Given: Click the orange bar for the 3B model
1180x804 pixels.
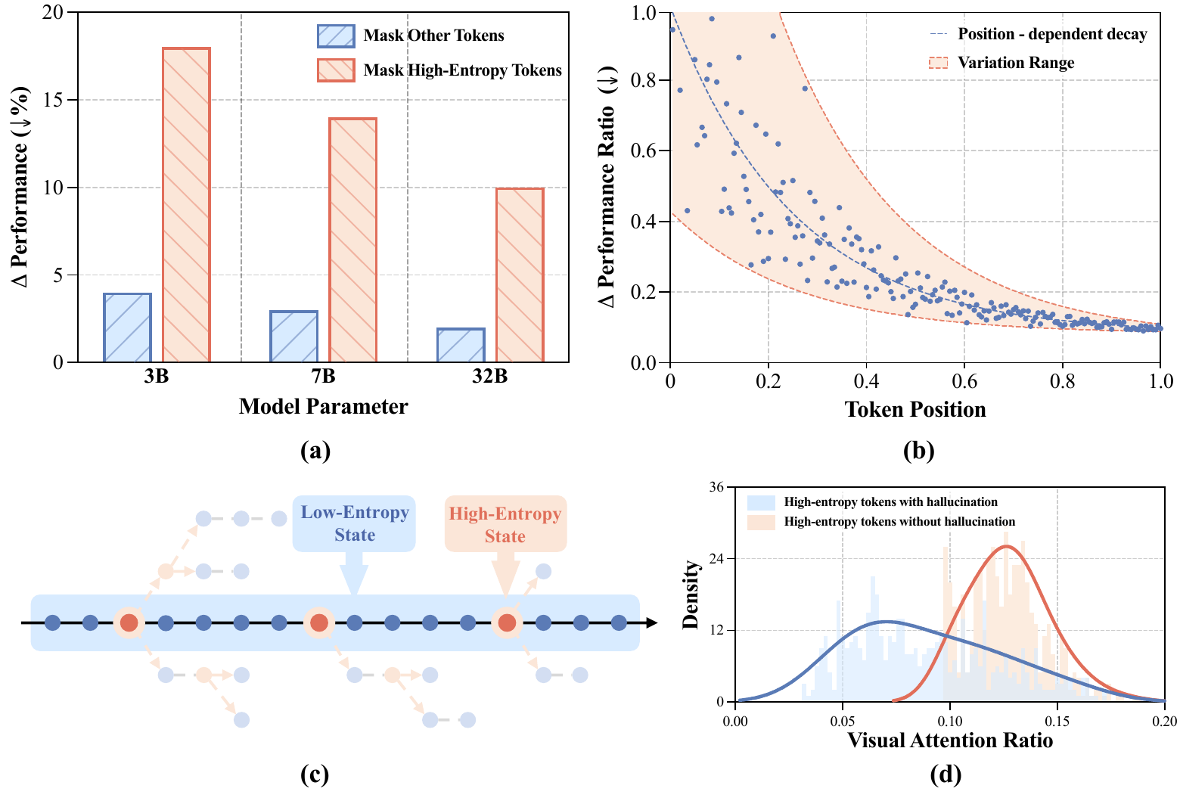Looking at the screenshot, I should pos(186,205).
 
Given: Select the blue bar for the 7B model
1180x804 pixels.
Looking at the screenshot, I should pos(293,337).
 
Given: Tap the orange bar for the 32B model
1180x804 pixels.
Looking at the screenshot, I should pos(520,275).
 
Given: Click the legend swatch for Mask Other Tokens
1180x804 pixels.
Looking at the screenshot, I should pos(336,36).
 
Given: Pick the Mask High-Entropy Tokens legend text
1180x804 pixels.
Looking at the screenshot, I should pos(462,70).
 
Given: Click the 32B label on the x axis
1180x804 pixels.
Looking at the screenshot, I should pos(489,376).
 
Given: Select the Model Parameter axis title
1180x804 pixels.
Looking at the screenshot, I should pos(323,406).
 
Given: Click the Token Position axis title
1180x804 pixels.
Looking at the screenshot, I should pos(915,409).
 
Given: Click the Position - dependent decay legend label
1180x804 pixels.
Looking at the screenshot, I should pos(1052,34).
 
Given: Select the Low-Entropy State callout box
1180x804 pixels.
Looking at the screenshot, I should pos(354,523).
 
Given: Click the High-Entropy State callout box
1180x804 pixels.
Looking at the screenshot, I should pos(505,524).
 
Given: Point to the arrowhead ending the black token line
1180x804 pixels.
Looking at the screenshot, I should pos(651,623).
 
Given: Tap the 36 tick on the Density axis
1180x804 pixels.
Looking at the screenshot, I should pos(716,488).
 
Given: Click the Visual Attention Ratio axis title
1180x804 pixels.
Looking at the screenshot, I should pos(950,740).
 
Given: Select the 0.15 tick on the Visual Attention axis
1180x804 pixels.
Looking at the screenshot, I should pos(1057,721).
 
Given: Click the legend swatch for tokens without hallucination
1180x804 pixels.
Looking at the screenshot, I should pos(761,522).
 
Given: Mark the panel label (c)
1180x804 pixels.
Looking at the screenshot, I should pos(315,774).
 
